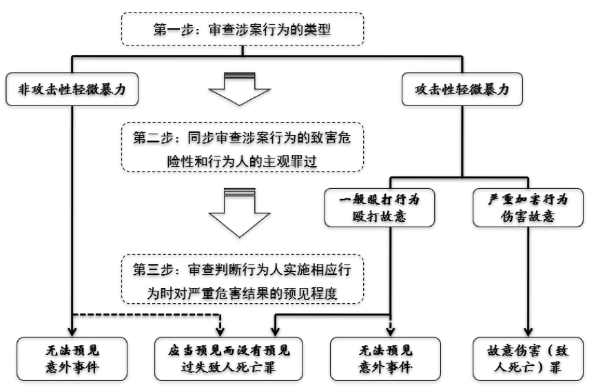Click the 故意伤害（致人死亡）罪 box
(x=528, y=358)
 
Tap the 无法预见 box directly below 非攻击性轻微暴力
(x=72, y=358)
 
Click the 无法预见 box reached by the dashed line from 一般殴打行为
(x=389, y=358)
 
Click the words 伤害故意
(x=528, y=217)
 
